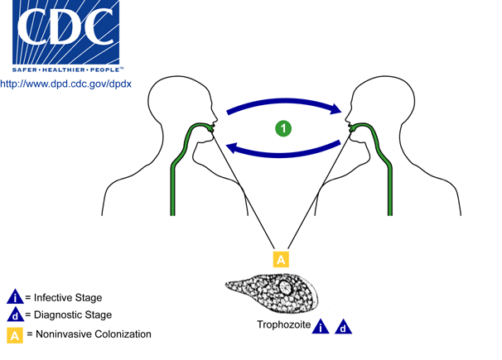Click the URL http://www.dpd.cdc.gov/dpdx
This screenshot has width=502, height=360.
point(65,84)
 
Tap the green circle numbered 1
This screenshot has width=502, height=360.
point(283,128)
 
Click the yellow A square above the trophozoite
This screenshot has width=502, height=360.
point(281,259)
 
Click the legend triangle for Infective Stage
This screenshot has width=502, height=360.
point(15,297)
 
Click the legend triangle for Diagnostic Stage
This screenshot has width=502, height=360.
point(15,315)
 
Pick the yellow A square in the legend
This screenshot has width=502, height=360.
point(15,335)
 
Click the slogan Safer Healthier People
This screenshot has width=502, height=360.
point(65,70)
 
